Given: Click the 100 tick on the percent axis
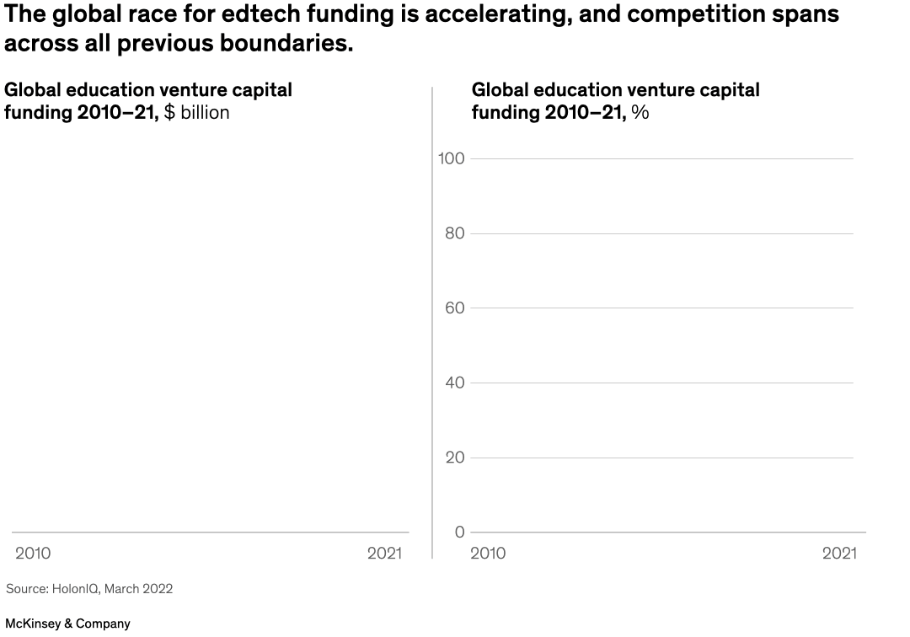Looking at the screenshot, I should [x=452, y=158].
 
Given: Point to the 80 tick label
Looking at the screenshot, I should [x=455, y=233].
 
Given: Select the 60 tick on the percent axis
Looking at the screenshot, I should [x=455, y=308].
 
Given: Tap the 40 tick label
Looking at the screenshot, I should [x=455, y=383].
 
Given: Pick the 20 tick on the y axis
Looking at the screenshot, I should [x=455, y=458].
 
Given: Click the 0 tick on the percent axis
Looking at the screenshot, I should [x=459, y=532].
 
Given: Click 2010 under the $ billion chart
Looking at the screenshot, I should [x=33, y=554].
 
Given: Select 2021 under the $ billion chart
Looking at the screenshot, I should [x=385, y=554].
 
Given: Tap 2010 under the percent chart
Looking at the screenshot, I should [x=488, y=554].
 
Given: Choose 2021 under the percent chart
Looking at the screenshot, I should [x=839, y=554].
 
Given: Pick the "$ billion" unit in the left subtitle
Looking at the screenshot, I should [x=196, y=113].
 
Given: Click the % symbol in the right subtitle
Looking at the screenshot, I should [x=640, y=113].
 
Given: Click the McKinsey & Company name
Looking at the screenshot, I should [x=67, y=624].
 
